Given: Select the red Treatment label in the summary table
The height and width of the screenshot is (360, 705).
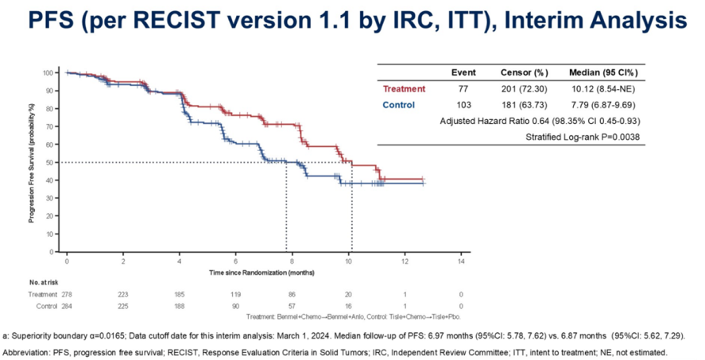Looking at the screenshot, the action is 404,89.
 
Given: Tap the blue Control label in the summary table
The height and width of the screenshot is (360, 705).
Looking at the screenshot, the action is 398,105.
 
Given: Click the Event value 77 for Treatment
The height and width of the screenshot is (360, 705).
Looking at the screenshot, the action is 463,89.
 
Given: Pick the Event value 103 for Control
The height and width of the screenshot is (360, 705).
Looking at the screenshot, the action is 463,105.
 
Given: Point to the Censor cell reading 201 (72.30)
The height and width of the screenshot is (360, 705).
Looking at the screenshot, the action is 525,89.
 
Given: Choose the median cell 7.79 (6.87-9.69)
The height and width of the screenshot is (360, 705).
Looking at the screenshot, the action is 603,105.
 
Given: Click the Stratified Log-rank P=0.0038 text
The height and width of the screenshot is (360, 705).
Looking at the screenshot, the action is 583,137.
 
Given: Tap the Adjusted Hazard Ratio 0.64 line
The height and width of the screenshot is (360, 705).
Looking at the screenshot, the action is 540,121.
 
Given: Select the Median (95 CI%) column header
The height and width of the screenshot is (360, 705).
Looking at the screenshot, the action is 603,73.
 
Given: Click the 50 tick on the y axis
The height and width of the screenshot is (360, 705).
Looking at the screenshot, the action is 51,162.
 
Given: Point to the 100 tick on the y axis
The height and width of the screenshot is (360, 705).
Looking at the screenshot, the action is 49,73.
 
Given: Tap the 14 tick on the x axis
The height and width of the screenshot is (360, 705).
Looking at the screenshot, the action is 461,261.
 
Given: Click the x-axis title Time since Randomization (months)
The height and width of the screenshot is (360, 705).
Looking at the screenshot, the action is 261,273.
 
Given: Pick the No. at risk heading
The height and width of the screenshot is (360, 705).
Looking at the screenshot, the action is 44,283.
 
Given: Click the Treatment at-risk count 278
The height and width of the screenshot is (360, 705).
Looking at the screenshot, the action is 67,295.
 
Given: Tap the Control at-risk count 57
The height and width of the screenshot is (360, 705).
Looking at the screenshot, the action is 292,307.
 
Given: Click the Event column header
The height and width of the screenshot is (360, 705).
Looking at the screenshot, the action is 463,73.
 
